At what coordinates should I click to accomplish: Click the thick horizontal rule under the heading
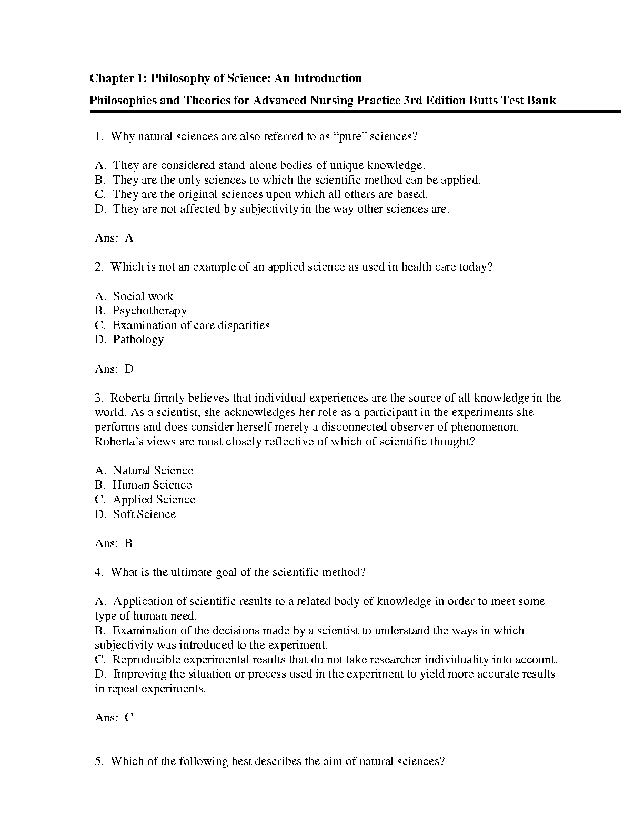355,112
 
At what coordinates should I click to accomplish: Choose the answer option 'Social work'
143,296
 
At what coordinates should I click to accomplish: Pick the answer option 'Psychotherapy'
149,311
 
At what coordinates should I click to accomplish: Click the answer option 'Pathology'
138,340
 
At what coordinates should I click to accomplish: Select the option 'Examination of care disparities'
191,325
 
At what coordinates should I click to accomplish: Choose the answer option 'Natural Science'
153,471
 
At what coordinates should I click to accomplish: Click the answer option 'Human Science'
152,485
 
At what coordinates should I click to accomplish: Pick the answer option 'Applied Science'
154,500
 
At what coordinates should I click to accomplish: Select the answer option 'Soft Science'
144,514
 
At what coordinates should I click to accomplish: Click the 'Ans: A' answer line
114,238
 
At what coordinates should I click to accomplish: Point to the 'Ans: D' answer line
114,369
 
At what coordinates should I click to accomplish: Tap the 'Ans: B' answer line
114,543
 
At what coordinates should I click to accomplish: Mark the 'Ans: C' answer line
114,718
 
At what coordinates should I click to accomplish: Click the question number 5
98,761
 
